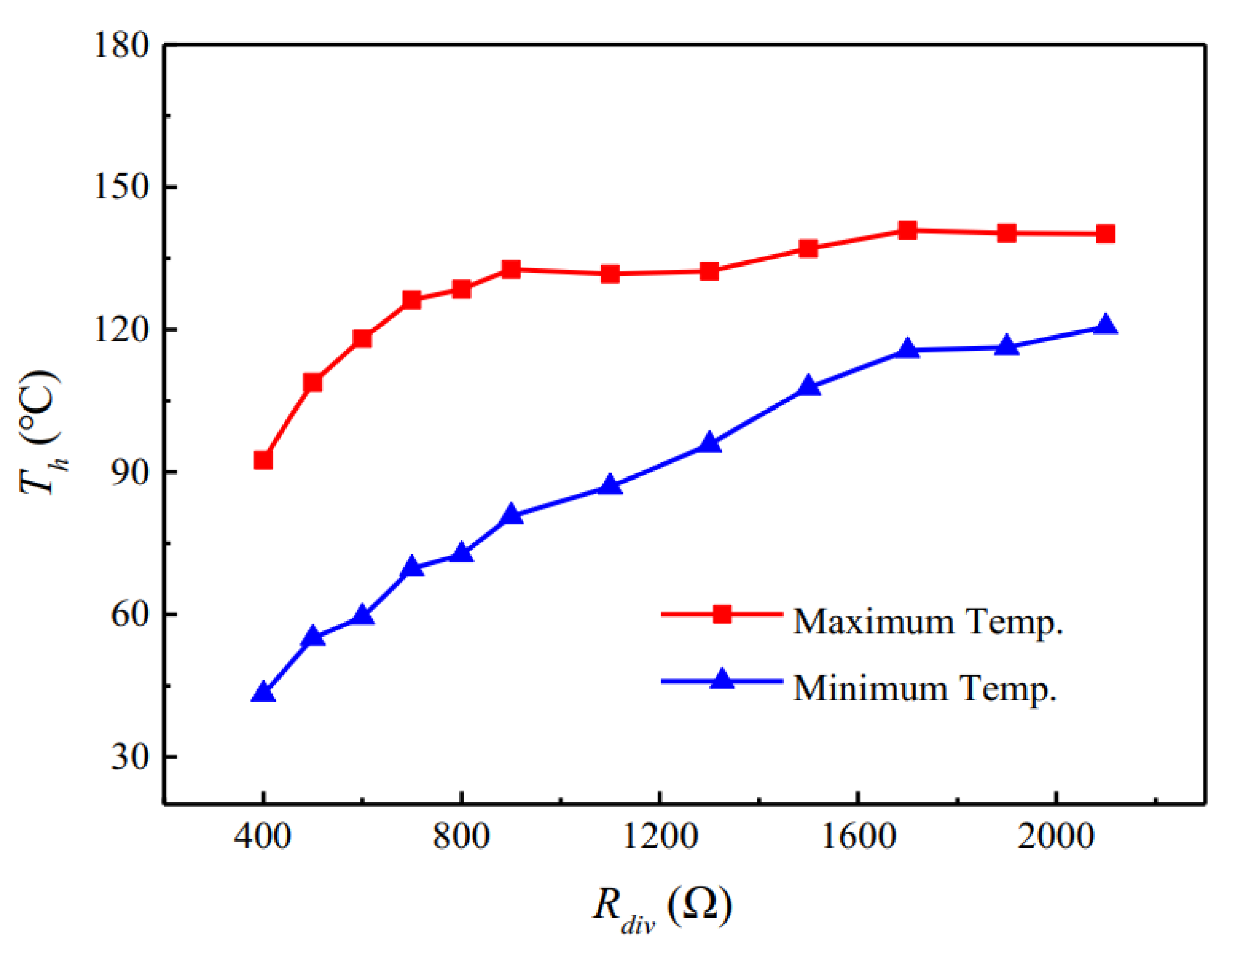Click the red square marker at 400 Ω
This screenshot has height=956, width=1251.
(x=263, y=460)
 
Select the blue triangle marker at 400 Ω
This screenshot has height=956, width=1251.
(x=263, y=693)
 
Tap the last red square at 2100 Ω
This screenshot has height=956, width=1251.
(x=1106, y=234)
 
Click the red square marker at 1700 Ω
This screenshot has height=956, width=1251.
(x=907, y=230)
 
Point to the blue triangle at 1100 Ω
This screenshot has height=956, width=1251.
(x=610, y=486)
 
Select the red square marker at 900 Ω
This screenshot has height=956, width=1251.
(x=511, y=269)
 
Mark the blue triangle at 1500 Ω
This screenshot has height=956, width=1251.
(x=808, y=386)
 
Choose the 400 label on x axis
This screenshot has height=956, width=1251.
(x=263, y=836)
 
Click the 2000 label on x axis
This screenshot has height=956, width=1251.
(x=1056, y=836)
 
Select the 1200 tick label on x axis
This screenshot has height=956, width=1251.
(x=660, y=836)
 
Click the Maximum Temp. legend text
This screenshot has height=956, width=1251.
(x=928, y=622)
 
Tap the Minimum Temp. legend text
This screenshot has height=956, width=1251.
(x=925, y=688)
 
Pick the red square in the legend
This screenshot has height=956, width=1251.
(x=722, y=613)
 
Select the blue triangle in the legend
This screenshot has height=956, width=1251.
(x=722, y=679)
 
